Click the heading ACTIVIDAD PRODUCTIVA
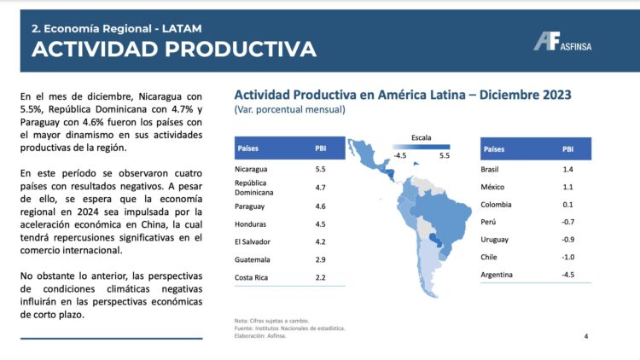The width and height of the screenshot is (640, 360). click(x=174, y=49)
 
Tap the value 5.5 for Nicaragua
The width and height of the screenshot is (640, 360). click(x=320, y=169)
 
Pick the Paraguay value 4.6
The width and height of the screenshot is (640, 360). click(x=320, y=206)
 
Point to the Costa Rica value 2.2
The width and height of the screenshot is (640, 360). click(x=320, y=277)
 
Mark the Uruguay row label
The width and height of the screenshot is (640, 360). click(x=496, y=240)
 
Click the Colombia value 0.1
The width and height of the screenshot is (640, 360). click(x=568, y=205)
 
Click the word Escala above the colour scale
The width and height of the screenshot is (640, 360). click(x=421, y=136)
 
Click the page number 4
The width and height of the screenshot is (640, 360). click(x=585, y=336)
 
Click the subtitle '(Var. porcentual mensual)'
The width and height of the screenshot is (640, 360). click(x=289, y=110)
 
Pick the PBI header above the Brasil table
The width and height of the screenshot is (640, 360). click(x=567, y=148)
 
